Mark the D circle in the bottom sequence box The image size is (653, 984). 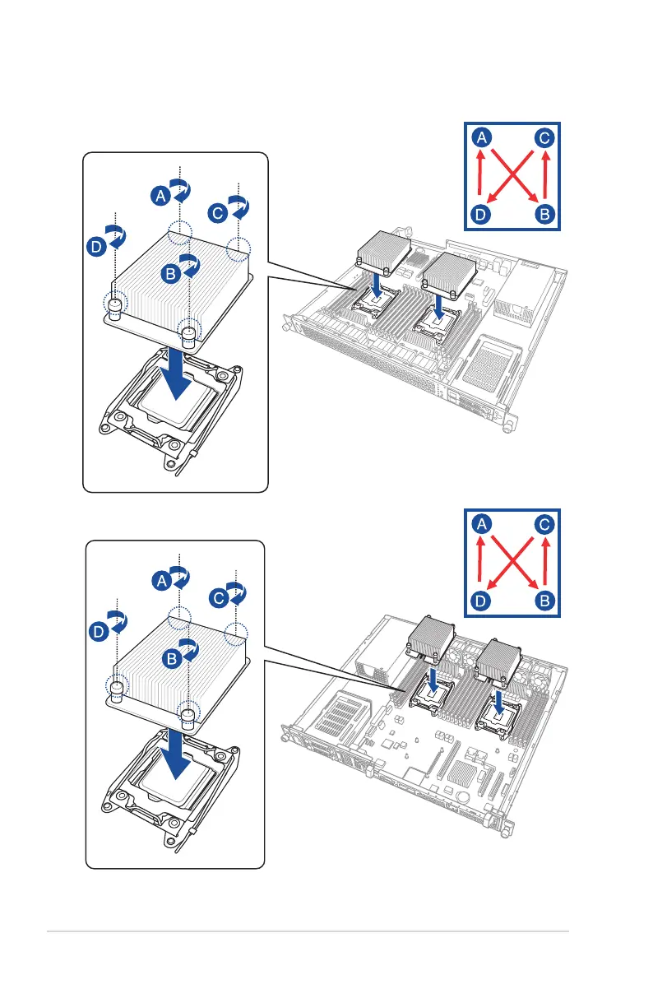click(483, 601)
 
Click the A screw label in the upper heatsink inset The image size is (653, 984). click(161, 195)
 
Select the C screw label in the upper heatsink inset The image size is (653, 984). click(216, 212)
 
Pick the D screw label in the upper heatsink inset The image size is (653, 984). click(97, 245)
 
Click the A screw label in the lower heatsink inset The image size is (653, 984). click(161, 581)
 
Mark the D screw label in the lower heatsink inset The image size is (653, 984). click(99, 632)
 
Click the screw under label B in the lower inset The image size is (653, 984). click(189, 718)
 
